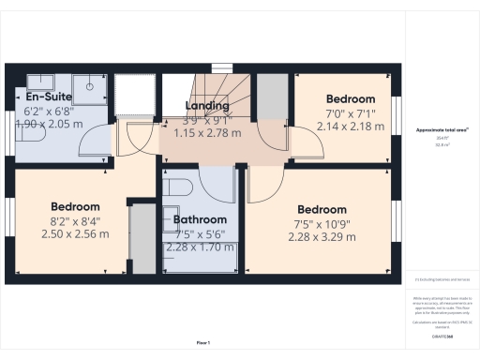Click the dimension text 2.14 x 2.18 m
coord(351,126)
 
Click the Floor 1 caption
coord(202,342)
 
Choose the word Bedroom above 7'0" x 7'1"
coord(351,99)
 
